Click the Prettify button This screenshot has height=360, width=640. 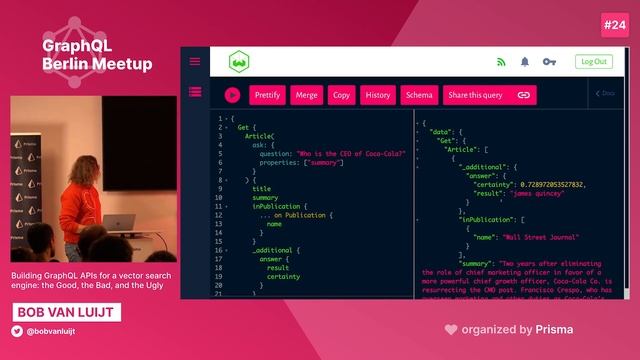pyautogui.click(x=267, y=95)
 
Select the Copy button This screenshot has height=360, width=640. pyautogui.click(x=341, y=95)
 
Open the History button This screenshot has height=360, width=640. pyautogui.click(x=377, y=95)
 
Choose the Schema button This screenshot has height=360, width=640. pyautogui.click(x=419, y=95)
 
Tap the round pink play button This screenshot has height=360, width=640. pyautogui.click(x=232, y=95)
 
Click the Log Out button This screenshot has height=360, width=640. pyautogui.click(x=593, y=61)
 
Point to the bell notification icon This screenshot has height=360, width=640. pyautogui.click(x=525, y=62)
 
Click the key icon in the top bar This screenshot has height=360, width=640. pyautogui.click(x=549, y=62)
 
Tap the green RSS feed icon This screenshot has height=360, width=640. pyautogui.click(x=501, y=62)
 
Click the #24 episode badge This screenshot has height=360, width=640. pyautogui.click(x=612, y=23)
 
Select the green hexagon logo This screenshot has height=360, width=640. pyautogui.click(x=238, y=62)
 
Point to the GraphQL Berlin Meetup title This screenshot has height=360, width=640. pyautogui.click(x=97, y=55)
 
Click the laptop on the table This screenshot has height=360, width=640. pyautogui.click(x=120, y=222)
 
